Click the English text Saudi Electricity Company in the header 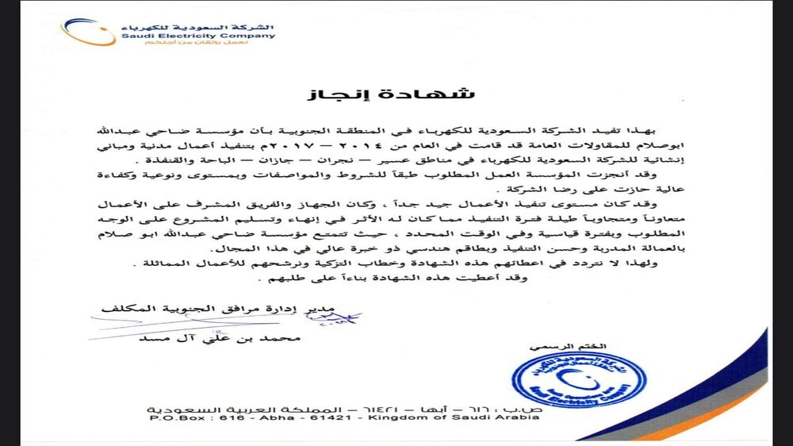coord(198,36)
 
